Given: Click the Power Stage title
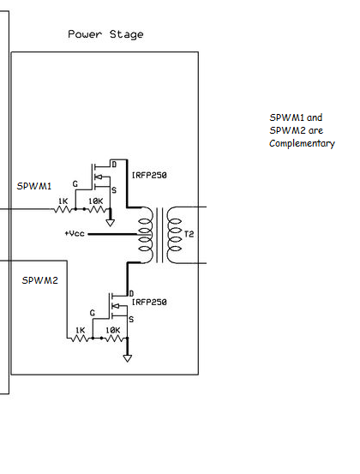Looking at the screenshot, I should [x=105, y=34].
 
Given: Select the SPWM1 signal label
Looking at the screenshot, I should [x=35, y=186].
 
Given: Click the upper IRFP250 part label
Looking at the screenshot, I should [x=148, y=175].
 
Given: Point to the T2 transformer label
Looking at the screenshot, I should [x=177, y=233].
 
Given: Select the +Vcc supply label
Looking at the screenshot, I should [x=75, y=233].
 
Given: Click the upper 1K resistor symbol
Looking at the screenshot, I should [x=62, y=208].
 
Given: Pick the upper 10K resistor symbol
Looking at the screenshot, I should [x=95, y=208].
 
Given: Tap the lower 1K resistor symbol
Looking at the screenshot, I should [x=80, y=338].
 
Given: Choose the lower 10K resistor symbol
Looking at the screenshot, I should [x=112, y=338].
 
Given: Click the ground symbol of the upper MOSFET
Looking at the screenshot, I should [x=110, y=225].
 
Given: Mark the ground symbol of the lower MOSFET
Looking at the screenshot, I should [x=127, y=357].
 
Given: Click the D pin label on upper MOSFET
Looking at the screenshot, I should [x=112, y=162].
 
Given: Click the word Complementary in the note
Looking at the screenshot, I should [x=302, y=143].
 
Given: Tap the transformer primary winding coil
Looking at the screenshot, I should [x=147, y=233].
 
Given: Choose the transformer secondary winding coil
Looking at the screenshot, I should [x=168, y=233].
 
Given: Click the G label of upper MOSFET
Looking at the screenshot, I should [x=75, y=183].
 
